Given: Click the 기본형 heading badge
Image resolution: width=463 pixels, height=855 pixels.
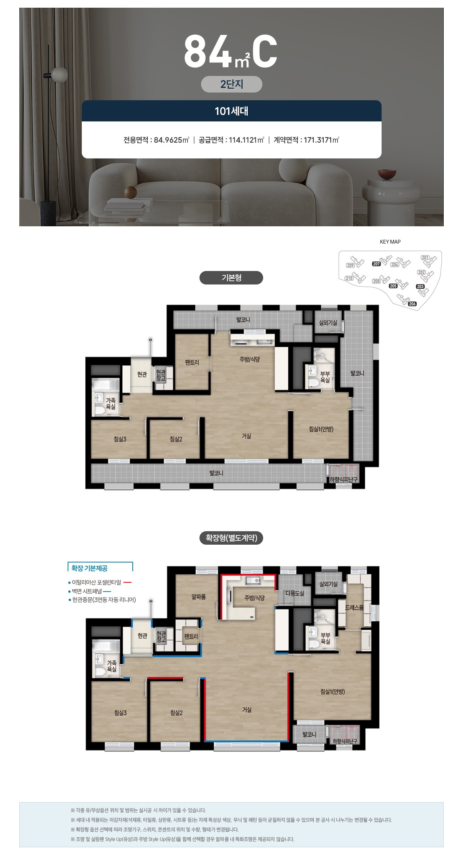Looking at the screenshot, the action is click(231, 278).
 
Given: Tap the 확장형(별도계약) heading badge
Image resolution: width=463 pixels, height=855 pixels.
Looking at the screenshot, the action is click(231, 538).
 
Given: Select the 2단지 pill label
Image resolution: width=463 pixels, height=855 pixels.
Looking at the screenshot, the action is click(231, 84).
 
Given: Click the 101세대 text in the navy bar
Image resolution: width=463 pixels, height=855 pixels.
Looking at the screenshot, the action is click(231, 111).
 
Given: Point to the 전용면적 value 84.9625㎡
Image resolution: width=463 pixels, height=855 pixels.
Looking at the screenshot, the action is click(171, 140).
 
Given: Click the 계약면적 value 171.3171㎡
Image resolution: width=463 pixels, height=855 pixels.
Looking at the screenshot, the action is click(321, 140).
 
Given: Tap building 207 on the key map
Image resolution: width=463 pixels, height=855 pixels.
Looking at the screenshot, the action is click(377, 264).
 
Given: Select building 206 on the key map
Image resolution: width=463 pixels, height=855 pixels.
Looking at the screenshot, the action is click(412, 304).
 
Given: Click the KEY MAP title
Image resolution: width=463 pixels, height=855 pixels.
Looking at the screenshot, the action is click(390, 242).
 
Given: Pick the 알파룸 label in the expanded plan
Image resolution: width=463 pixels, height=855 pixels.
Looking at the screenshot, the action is click(199, 597).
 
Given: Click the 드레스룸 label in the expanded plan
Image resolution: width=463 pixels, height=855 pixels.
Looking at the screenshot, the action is click(354, 608).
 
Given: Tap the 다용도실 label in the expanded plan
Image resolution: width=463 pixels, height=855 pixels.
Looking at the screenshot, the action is click(295, 593).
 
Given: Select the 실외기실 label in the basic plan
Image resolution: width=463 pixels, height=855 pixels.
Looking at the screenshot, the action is click(328, 323).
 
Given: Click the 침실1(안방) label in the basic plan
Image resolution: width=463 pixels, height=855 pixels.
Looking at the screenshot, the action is click(321, 429).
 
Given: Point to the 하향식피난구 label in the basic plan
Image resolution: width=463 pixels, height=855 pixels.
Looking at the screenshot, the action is click(343, 480).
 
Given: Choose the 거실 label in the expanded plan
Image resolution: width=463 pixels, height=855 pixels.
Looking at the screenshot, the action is click(247, 710).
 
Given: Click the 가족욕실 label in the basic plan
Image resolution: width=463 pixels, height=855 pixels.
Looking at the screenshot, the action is click(111, 404).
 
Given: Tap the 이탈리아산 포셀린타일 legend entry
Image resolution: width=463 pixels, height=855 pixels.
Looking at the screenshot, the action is click(96, 582).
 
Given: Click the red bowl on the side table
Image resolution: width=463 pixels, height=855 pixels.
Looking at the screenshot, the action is click(387, 174).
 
